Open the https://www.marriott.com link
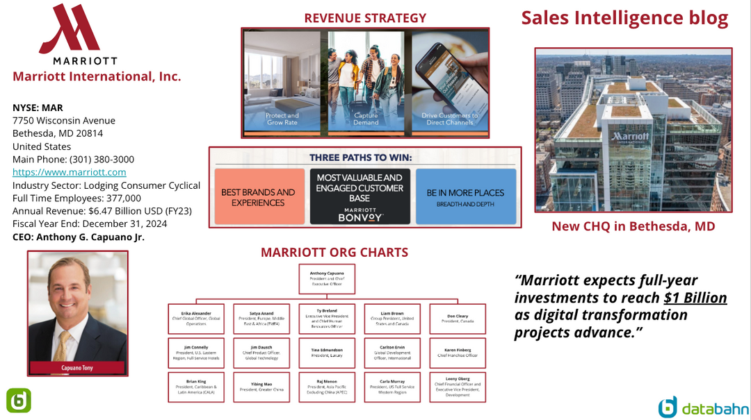(69, 172)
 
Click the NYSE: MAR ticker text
(38, 108)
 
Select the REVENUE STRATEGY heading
(365, 18)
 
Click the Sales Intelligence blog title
(624, 19)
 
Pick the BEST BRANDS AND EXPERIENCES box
(259, 196)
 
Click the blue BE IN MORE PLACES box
(466, 196)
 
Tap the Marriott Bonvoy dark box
(360, 196)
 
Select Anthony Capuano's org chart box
(327, 278)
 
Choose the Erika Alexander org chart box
(196, 319)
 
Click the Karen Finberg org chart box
(458, 353)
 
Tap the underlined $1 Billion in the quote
(695, 298)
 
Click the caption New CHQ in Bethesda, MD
(633, 226)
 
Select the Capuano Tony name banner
(77, 367)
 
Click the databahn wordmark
(715, 408)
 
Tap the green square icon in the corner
(18, 401)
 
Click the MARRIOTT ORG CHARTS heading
(334, 253)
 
